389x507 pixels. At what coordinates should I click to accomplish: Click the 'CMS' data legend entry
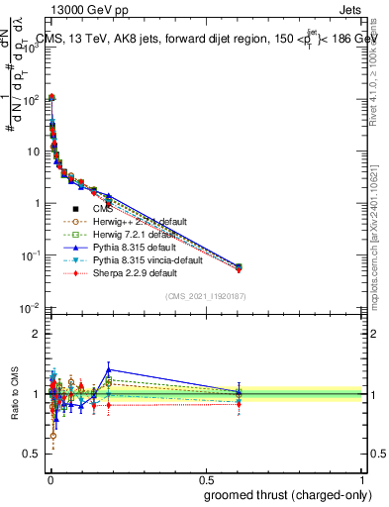coord(104,209)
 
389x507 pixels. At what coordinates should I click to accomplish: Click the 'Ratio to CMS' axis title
coord(14,394)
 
